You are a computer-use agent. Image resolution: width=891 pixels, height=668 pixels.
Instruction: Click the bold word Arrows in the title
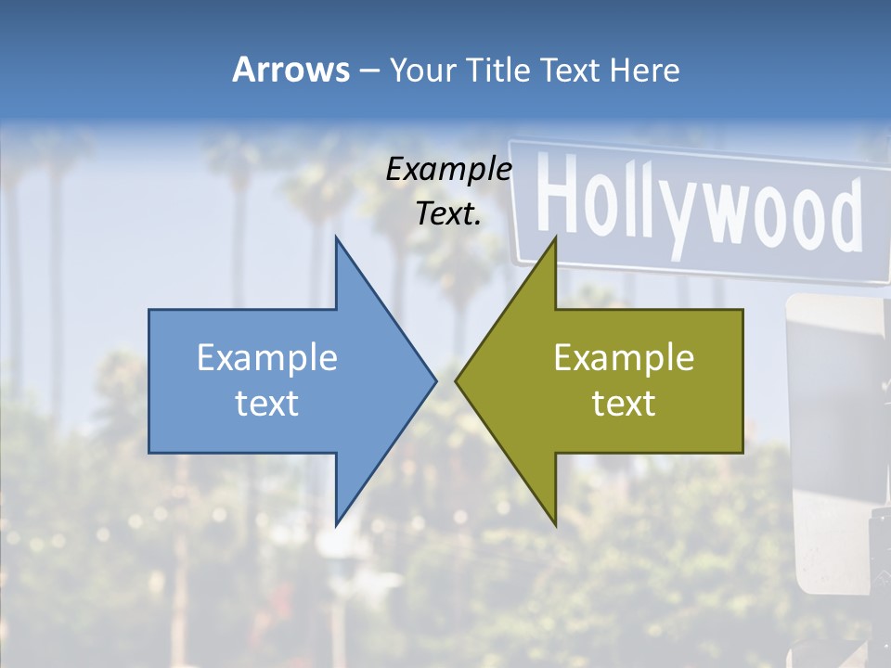[x=291, y=70]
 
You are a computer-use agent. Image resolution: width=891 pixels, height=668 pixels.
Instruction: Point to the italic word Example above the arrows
[x=449, y=169]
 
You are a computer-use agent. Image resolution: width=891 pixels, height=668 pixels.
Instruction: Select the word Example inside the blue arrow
[x=267, y=357]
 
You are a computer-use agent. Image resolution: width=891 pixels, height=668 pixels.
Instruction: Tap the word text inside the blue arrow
[x=267, y=403]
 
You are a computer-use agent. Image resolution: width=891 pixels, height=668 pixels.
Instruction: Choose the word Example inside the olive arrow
[x=624, y=357]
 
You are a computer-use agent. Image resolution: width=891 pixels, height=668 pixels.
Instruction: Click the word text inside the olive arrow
[x=624, y=403]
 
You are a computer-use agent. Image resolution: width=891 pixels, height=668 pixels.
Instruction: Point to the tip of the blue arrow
[x=434, y=380]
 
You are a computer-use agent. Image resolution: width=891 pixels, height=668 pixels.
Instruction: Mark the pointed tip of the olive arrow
[x=458, y=380]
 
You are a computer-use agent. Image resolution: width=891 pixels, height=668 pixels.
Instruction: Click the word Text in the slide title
[x=571, y=70]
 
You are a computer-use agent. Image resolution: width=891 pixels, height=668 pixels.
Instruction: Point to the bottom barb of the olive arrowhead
[x=555, y=522]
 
